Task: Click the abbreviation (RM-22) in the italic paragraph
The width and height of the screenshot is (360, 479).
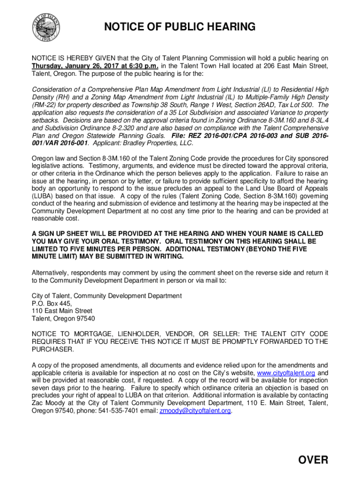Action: pos(44,105)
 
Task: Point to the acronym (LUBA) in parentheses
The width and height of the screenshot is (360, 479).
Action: pos(42,196)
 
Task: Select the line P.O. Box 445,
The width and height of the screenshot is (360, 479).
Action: pos(52,303)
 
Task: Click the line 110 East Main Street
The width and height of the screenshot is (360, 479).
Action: pos(62,311)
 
